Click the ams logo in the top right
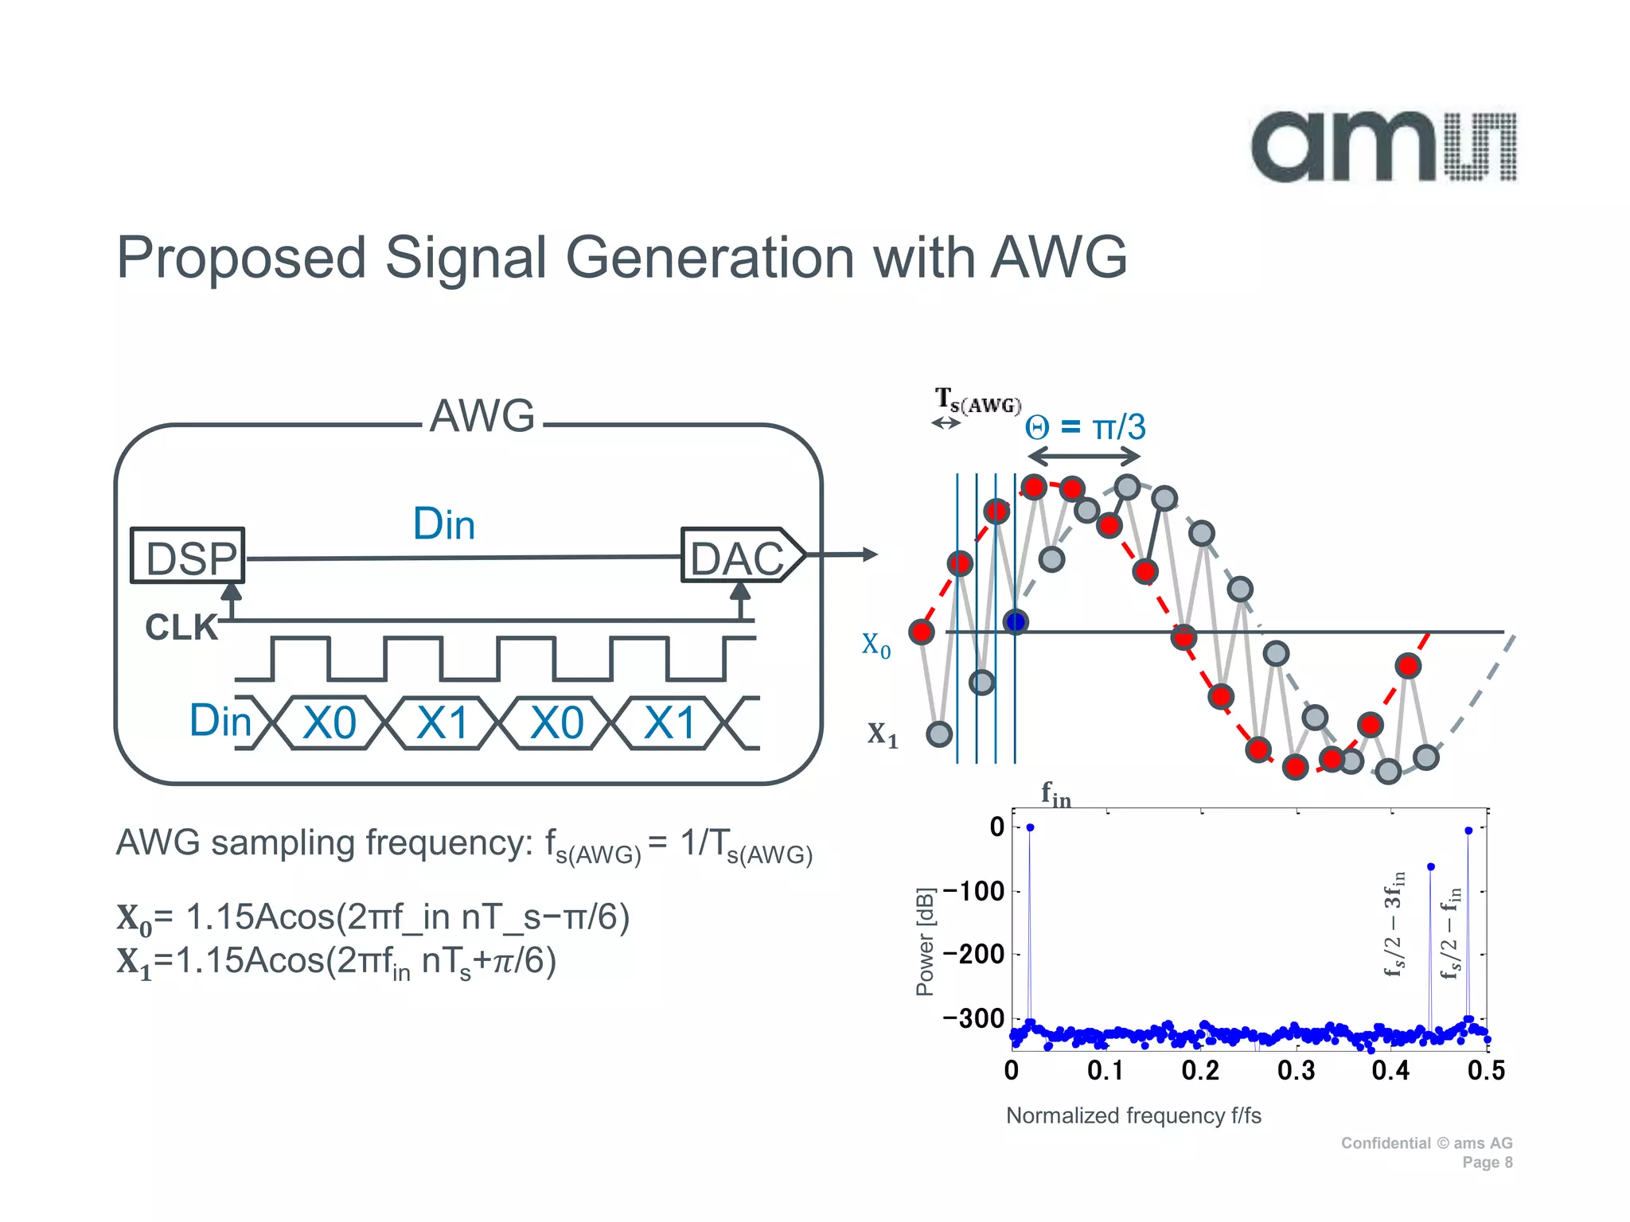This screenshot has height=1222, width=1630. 1383,147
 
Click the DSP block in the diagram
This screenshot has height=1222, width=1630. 189,556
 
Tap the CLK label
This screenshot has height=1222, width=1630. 181,628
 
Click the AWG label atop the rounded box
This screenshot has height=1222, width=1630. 482,416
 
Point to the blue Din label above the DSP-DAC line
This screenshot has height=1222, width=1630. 444,524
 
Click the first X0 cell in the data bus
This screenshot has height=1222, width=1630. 330,723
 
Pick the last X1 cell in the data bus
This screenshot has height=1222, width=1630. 669,723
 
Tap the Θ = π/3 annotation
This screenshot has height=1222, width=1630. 1085,428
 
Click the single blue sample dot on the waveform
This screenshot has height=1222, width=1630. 1016,621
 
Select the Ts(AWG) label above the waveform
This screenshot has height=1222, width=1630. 977,401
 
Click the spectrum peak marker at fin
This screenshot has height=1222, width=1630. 1030,827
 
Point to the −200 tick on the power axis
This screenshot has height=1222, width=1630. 973,954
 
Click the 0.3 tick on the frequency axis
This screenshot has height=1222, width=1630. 1296,1071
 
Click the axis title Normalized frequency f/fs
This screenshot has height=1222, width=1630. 1133,1115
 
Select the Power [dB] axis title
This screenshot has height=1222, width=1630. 925,942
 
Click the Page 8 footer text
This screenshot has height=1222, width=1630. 1487,1162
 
